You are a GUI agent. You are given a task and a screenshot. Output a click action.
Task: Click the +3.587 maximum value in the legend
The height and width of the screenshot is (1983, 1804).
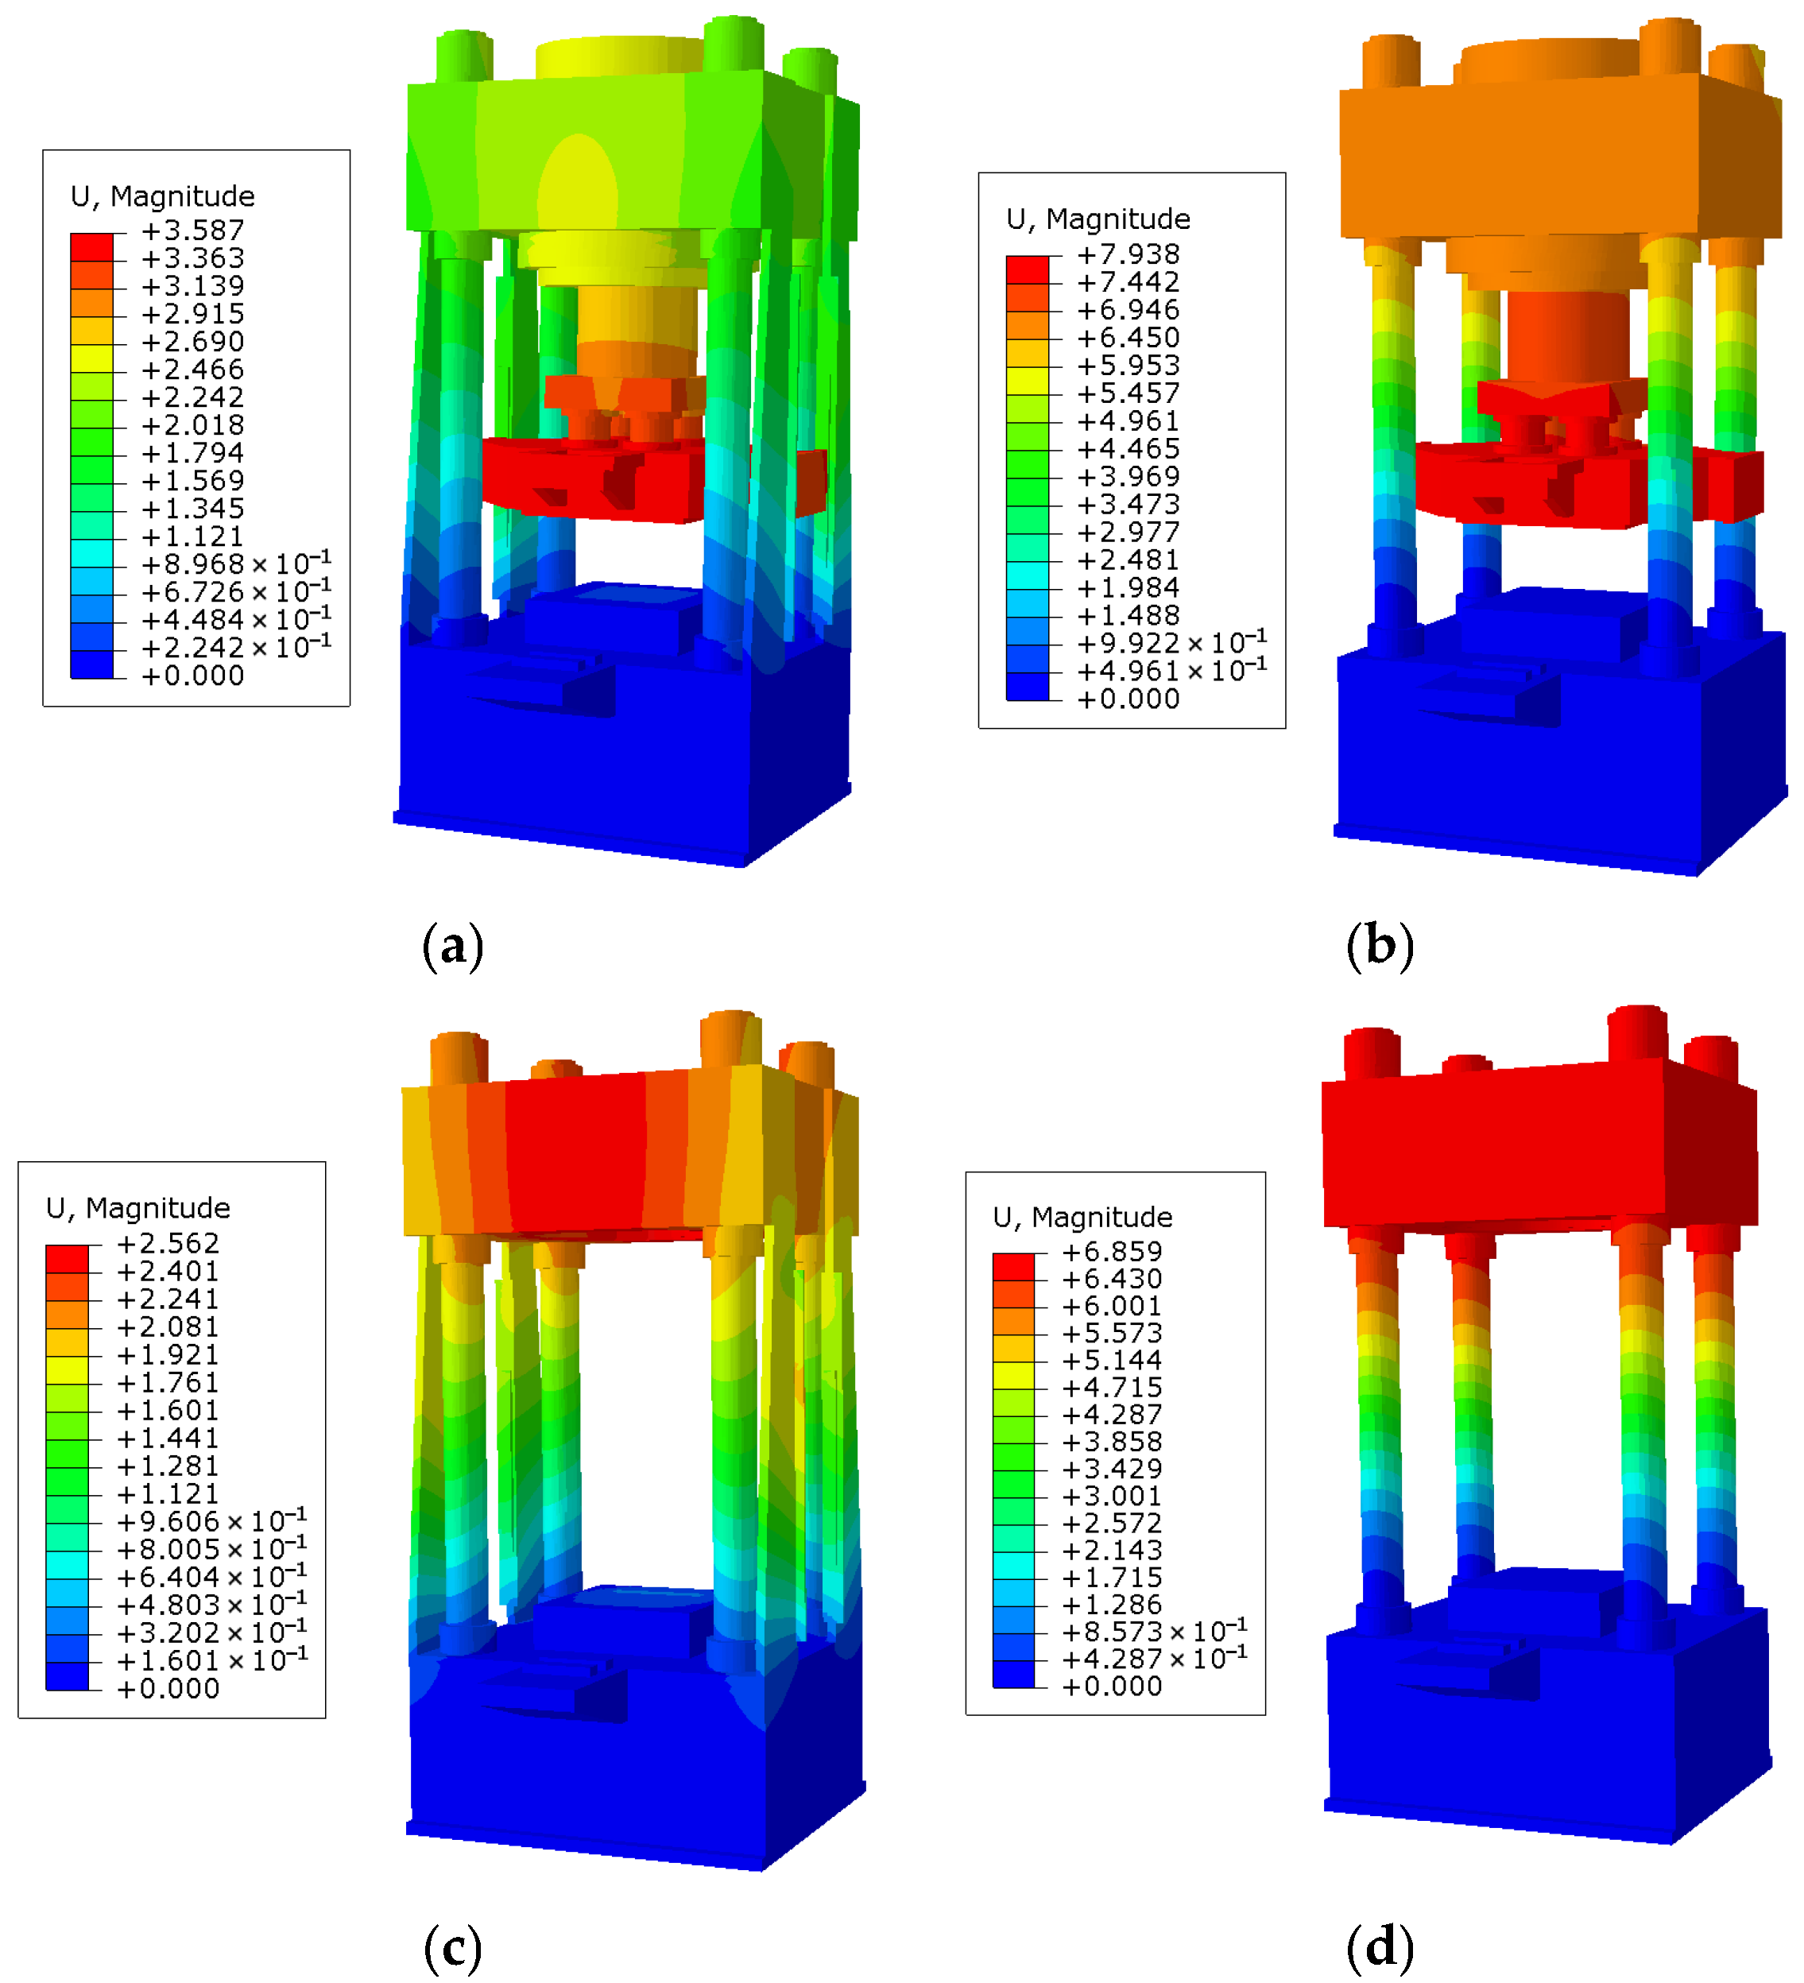click(x=193, y=231)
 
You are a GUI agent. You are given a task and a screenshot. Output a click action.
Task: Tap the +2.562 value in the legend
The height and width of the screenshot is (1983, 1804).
click(x=168, y=1243)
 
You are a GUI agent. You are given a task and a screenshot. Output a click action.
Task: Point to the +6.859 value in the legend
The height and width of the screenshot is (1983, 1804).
click(x=1113, y=1252)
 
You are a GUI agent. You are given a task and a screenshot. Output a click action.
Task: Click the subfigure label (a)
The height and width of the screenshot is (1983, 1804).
click(x=452, y=947)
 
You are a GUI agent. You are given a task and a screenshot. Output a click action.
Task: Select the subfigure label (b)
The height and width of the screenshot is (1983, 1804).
click(x=1380, y=947)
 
